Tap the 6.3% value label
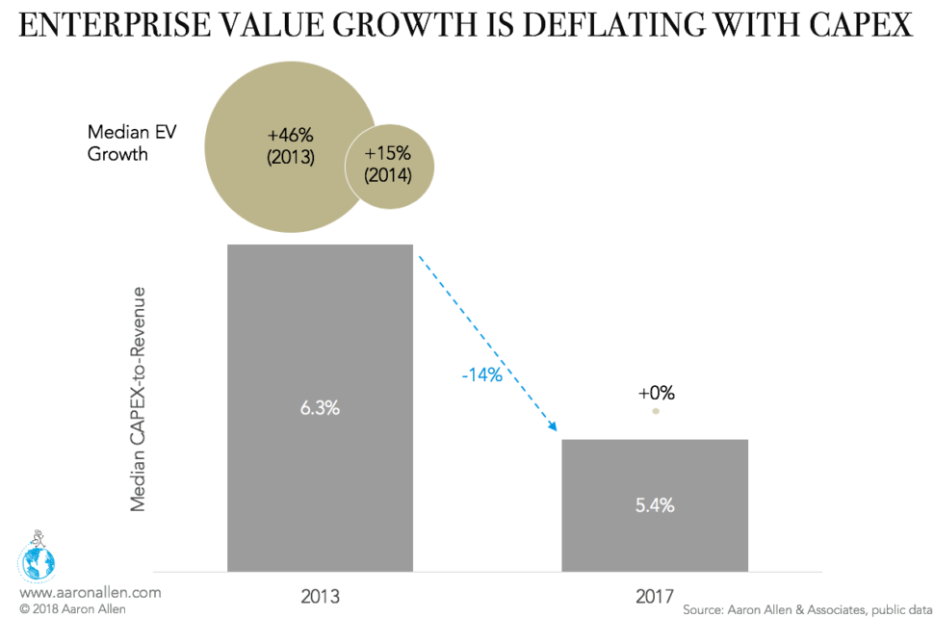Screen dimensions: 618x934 pyautogui.click(x=320, y=407)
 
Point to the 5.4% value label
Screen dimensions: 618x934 pyautogui.click(x=654, y=505)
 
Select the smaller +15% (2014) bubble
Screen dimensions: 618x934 pyautogui.click(x=388, y=164)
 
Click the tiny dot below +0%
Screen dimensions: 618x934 pyautogui.click(x=656, y=411)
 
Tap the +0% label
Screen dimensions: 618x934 pyautogui.click(x=656, y=393)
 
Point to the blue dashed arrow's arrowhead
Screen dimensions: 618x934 pyautogui.click(x=554, y=425)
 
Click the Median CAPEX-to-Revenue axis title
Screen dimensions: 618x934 pyautogui.click(x=140, y=398)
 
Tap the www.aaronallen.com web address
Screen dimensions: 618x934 pyautogui.click(x=90, y=593)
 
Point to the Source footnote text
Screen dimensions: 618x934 pyautogui.click(x=804, y=609)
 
